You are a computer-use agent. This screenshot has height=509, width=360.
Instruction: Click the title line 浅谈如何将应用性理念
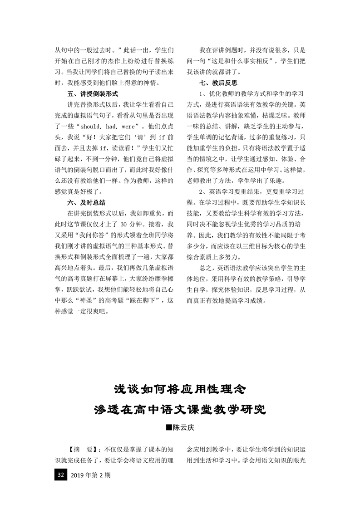[179, 389]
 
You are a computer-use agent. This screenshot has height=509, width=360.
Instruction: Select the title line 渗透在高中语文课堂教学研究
[179, 410]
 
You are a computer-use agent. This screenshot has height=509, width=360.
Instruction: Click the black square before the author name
[169, 427]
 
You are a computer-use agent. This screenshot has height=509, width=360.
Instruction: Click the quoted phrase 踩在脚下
[143, 300]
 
